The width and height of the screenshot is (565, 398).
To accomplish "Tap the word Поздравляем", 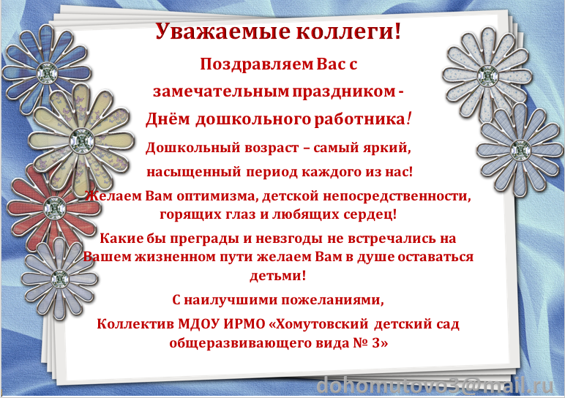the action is (257, 65).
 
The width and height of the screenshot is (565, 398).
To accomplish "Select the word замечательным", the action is (221, 91).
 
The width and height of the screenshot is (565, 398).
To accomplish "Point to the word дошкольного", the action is (253, 119).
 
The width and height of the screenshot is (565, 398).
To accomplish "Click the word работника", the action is (360, 119).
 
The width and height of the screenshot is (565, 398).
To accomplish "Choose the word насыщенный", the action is (193, 172).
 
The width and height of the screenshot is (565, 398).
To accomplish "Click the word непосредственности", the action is (397, 196).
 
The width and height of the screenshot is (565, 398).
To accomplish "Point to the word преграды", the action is (204, 239).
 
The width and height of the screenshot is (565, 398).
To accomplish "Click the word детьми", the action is (278, 276).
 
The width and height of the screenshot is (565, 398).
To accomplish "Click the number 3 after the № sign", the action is (375, 343).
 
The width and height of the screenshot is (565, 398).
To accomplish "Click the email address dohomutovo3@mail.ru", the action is (435, 386).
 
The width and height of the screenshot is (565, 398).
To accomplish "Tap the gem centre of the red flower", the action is (55, 208).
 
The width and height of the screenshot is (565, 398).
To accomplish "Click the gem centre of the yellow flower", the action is (81, 140).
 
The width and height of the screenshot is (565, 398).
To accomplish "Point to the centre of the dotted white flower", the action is (487, 75).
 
